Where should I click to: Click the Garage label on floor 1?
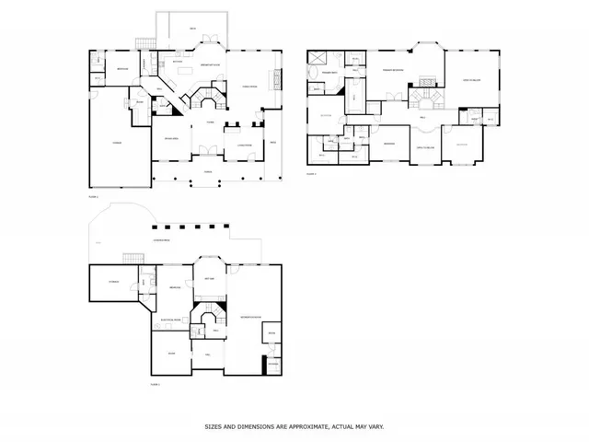[x=117, y=143]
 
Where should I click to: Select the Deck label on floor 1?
[x=192, y=29]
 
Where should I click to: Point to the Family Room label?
[x=247, y=86]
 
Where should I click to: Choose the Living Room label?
[x=244, y=144]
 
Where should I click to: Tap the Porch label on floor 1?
[x=208, y=171]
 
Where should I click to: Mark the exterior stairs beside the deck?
[x=143, y=42]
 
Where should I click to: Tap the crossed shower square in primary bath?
[x=315, y=57]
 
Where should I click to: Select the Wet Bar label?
[x=208, y=278]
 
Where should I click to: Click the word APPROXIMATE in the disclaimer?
[x=304, y=426]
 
